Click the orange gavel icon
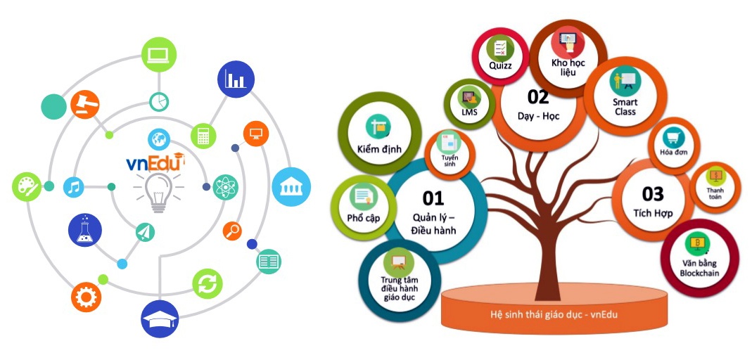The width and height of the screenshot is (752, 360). [86, 104]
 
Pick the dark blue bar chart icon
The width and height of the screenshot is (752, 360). [236, 79]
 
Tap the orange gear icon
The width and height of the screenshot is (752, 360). [87, 297]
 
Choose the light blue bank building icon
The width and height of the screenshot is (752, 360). [291, 186]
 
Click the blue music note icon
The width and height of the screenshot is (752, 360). [74, 187]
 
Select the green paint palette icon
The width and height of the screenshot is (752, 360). [27, 186]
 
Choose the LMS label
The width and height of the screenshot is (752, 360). [469, 111]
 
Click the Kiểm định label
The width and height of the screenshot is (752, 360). [379, 150]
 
